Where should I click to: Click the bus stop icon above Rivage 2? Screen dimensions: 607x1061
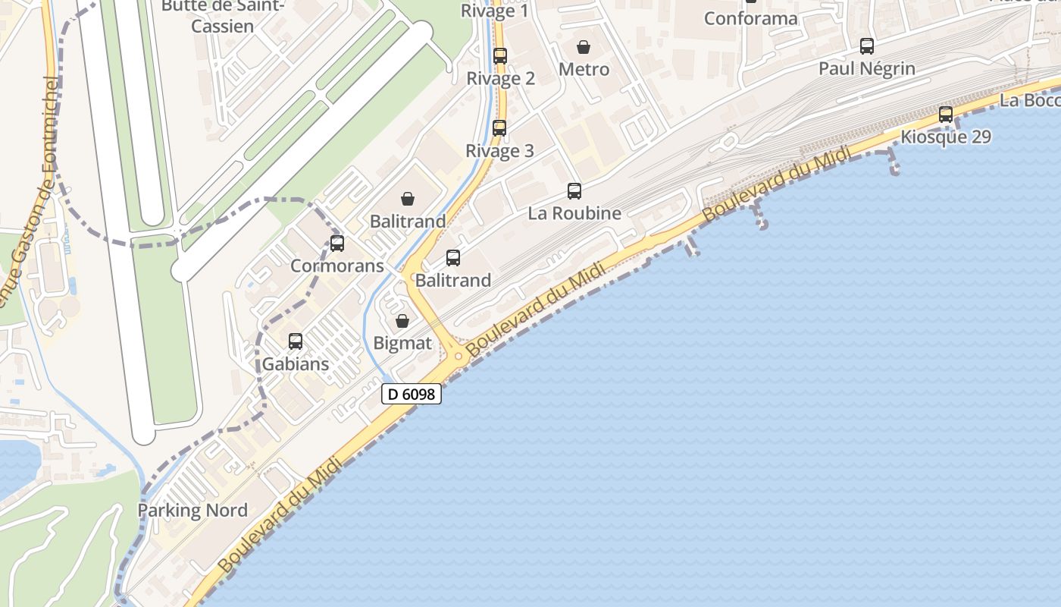click(500, 55)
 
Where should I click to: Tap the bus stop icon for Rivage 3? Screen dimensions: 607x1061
click(499, 127)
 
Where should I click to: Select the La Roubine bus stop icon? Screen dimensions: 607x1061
click(574, 190)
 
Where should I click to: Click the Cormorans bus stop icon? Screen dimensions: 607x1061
click(337, 244)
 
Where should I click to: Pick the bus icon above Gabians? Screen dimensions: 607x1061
click(296, 341)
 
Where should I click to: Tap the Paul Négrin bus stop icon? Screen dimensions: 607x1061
click(867, 46)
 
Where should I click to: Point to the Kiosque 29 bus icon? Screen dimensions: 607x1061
click(946, 115)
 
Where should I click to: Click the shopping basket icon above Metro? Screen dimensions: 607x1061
click(584, 47)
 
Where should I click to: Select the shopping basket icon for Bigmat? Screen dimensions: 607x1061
click(402, 321)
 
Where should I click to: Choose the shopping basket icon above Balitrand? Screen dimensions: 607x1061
click(408, 199)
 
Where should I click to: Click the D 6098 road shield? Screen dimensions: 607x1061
click(411, 394)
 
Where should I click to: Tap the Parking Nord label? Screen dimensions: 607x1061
click(192, 510)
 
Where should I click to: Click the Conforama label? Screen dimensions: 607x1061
click(750, 18)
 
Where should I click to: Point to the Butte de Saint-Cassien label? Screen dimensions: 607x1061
click(222, 15)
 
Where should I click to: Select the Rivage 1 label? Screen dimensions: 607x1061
click(495, 11)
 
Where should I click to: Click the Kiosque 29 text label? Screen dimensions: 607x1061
click(945, 137)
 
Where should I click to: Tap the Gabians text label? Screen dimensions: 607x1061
click(296, 364)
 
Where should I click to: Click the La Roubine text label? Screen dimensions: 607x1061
click(574, 213)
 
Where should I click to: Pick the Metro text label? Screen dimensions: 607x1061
click(584, 70)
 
